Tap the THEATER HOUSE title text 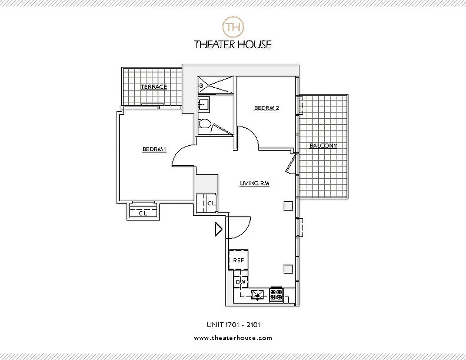point(233,44)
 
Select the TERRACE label point(154,87)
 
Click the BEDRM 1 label point(154,150)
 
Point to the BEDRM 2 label point(267,108)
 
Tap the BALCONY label point(323,146)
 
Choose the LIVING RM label point(254,183)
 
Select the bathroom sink point(203,104)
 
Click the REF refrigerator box point(238,260)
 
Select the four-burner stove point(276,294)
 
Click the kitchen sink point(258,294)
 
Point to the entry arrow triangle point(218,229)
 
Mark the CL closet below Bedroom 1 point(143,213)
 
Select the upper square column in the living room point(288,206)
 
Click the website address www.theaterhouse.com point(233,338)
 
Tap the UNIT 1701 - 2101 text point(233,324)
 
